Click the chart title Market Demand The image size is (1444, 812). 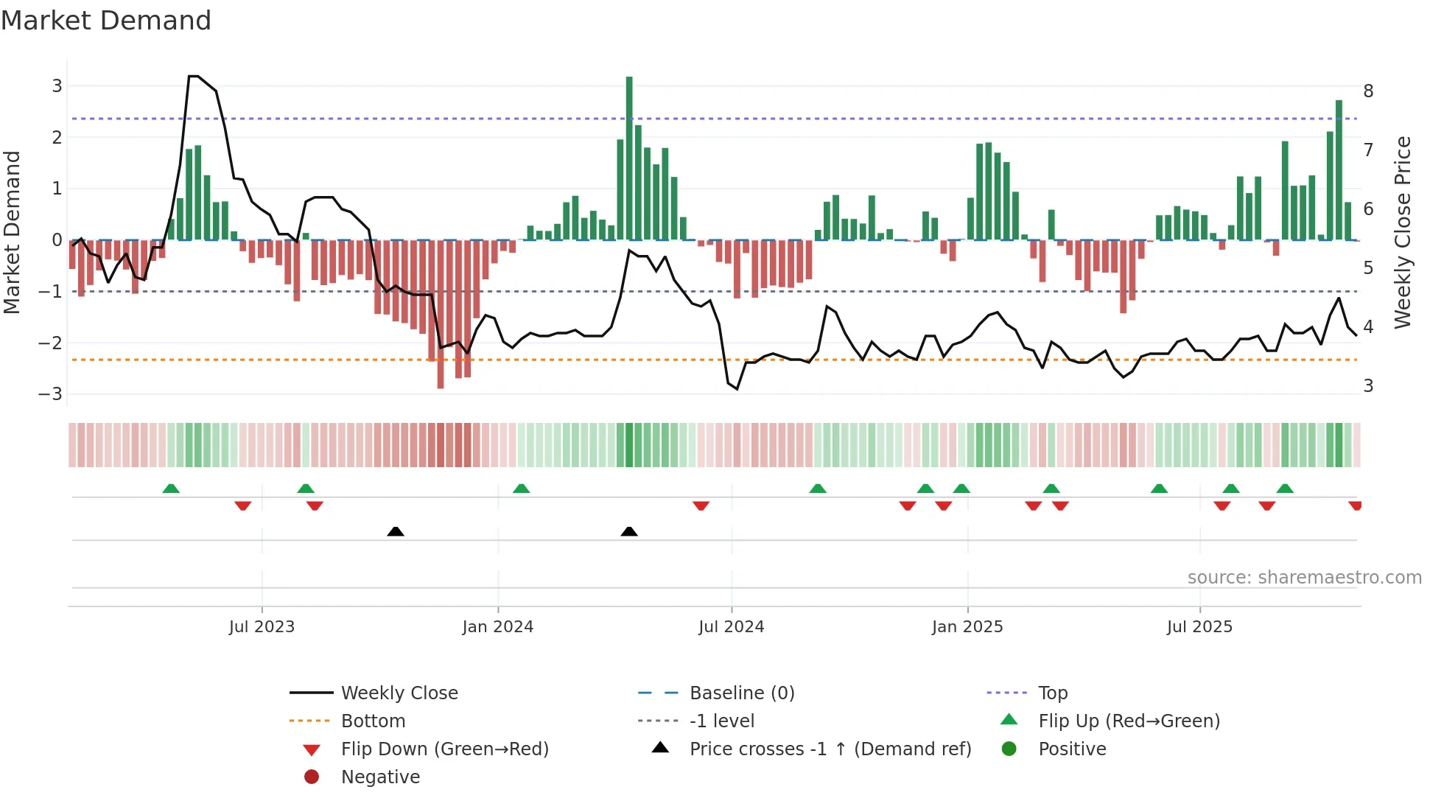point(106,21)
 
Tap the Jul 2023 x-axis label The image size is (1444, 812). point(262,627)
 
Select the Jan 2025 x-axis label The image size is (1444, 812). point(967,627)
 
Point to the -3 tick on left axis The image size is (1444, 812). point(51,393)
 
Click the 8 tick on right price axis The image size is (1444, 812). point(1368,91)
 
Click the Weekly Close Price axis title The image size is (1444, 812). point(1403,232)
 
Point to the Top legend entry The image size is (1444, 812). point(1052,693)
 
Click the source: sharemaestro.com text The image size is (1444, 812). point(1304,578)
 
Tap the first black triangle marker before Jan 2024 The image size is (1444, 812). point(396,531)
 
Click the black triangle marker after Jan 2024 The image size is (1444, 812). point(629,531)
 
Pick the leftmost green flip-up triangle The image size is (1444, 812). point(171,489)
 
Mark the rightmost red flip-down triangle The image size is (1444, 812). point(1355,505)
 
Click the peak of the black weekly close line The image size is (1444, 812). point(193,77)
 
